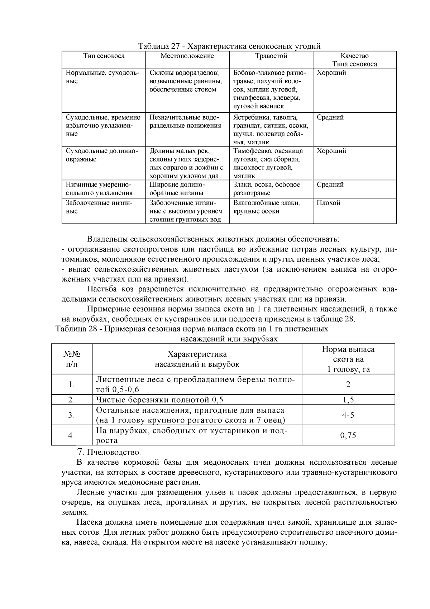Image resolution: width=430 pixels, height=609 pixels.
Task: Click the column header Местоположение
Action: (x=187, y=56)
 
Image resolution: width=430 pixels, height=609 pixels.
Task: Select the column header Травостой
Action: (x=271, y=56)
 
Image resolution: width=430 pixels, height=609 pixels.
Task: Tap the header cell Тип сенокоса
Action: (x=104, y=56)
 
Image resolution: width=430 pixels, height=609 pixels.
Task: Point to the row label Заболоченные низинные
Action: (x=99, y=207)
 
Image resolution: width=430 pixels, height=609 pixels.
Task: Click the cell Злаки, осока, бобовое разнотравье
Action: (x=267, y=189)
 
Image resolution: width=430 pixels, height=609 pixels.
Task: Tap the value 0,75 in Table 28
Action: (x=348, y=435)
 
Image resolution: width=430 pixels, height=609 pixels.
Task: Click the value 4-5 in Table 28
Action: (x=348, y=415)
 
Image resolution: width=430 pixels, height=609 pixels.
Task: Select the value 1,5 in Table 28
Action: (x=348, y=400)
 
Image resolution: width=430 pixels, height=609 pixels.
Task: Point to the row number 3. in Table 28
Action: (x=71, y=415)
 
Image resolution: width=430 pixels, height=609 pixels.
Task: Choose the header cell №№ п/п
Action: (x=72, y=359)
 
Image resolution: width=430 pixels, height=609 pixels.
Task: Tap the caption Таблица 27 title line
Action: (x=229, y=46)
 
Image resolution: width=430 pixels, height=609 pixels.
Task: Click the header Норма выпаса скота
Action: (x=348, y=359)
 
